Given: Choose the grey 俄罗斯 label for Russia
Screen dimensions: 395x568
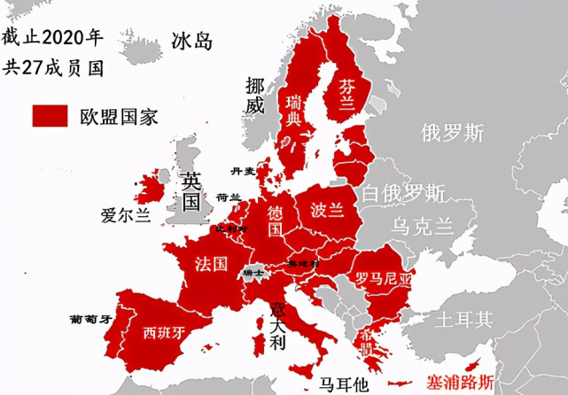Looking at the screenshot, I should coord(453,133).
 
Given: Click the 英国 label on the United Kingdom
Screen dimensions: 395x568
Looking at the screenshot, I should coord(191,189).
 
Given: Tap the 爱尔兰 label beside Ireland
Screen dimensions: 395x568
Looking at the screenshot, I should coord(126,214).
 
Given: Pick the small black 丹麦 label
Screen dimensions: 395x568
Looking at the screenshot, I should coord(243,170).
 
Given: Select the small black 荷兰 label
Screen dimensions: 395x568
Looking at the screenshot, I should coord(229,198).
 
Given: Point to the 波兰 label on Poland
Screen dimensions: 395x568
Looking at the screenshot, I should coord(328,211).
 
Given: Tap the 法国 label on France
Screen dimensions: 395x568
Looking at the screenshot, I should coord(211,263).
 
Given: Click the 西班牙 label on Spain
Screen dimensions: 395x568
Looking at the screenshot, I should coord(165,333).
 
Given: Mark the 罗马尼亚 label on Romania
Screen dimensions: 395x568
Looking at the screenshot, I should coord(384,278).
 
